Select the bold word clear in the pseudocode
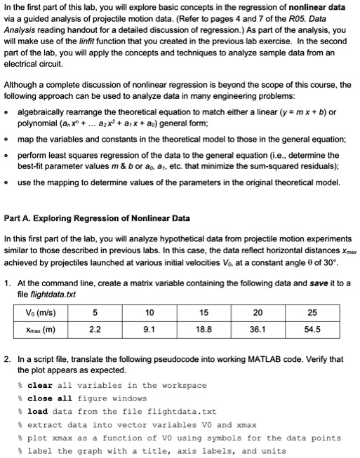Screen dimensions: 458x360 (39, 385)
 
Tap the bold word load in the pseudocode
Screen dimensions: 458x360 (38, 412)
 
